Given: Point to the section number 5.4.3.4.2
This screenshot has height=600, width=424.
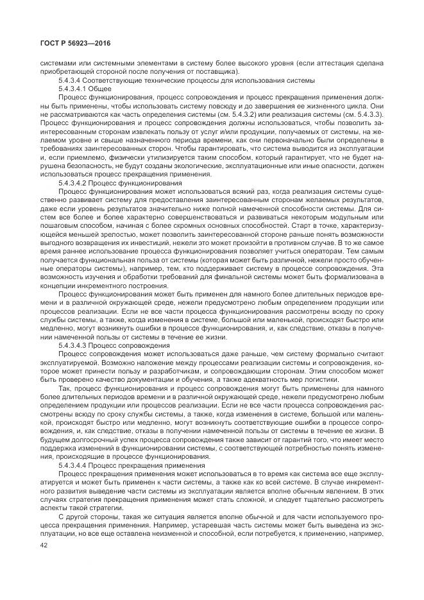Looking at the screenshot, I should pos(73,182).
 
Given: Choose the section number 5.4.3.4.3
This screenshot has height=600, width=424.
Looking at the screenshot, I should pos(73,345).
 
